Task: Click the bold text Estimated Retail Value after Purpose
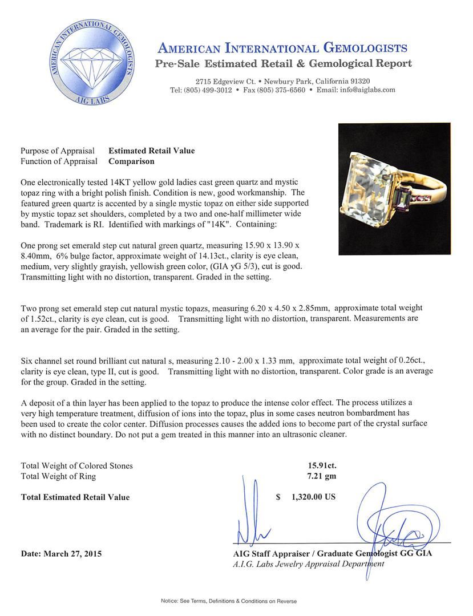151,151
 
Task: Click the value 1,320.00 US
313,497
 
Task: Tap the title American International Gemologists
282,48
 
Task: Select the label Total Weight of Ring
58,476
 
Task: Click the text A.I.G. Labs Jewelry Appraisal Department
308,564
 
